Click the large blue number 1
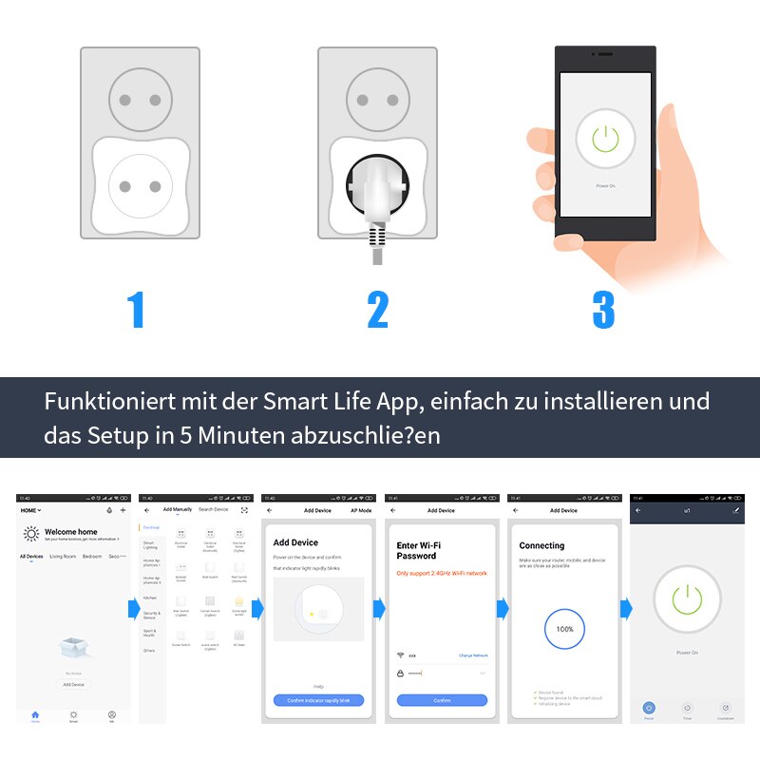(x=136, y=311)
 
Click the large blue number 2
(x=378, y=311)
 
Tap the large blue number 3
(x=603, y=311)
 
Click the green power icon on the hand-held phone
(x=605, y=140)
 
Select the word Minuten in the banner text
(x=256, y=436)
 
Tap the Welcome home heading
(x=71, y=532)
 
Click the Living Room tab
(x=63, y=556)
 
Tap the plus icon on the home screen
(x=123, y=510)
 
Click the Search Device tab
(x=213, y=510)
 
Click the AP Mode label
(x=361, y=510)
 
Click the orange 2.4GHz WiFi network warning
(x=442, y=573)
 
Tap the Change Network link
(x=473, y=655)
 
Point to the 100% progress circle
(x=564, y=629)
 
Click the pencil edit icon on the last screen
(x=736, y=510)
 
